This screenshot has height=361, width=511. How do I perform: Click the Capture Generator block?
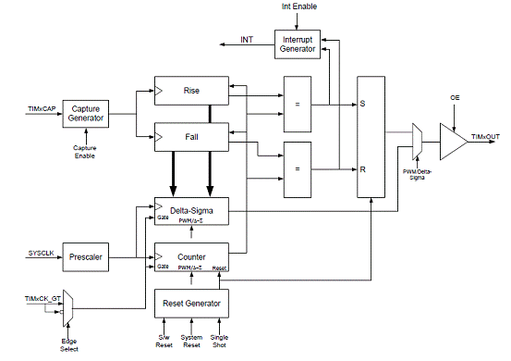86,114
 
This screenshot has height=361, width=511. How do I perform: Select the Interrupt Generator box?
298,44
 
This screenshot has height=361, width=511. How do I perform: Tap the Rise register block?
191,91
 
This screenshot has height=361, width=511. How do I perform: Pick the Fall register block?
191,137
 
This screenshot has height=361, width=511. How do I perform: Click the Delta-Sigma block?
191,211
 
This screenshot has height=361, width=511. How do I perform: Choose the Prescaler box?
86,257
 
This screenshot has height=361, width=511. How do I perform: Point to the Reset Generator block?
191,304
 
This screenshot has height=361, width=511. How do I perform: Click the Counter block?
191,257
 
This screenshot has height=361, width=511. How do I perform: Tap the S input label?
362,104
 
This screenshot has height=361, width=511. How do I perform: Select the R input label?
363,169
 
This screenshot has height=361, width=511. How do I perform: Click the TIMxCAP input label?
42,108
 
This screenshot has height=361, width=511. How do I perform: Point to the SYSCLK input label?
41,254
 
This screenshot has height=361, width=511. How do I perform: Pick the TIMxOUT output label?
485,137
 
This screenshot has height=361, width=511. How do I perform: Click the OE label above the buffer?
455,97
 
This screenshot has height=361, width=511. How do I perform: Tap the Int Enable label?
299,6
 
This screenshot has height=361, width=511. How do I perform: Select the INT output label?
247,40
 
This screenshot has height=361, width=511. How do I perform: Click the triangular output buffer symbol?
454,142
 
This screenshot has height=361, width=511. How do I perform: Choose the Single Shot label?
219,341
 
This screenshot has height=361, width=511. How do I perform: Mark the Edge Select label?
69,345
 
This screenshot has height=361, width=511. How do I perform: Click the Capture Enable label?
85,152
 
